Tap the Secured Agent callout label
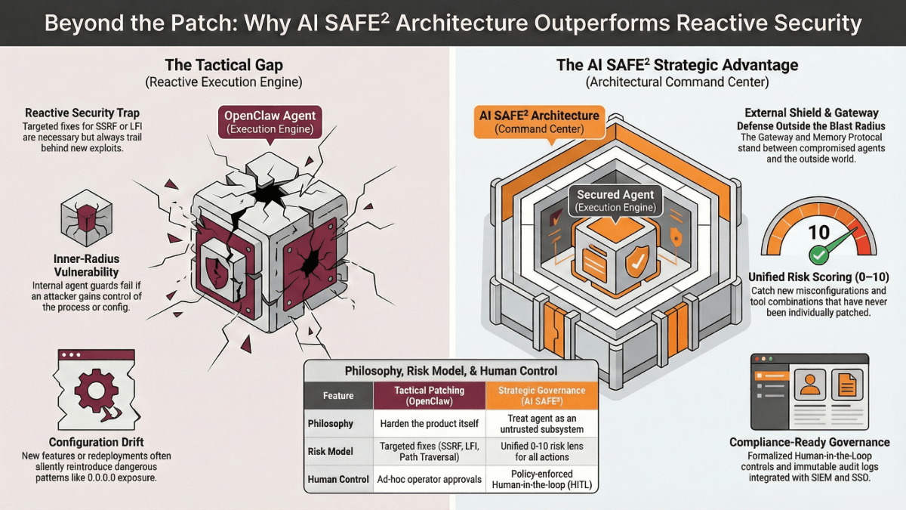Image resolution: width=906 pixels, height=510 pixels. point(615,200)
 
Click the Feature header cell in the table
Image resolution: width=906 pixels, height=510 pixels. point(338,395)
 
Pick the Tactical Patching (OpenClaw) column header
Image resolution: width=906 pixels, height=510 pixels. point(429,395)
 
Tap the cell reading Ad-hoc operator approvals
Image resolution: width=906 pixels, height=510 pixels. point(429,479)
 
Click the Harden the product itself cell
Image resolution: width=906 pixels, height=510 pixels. point(429,423)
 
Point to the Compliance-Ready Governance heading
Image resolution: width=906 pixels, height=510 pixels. point(809,442)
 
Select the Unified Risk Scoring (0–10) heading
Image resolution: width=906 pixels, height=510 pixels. point(818,277)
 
